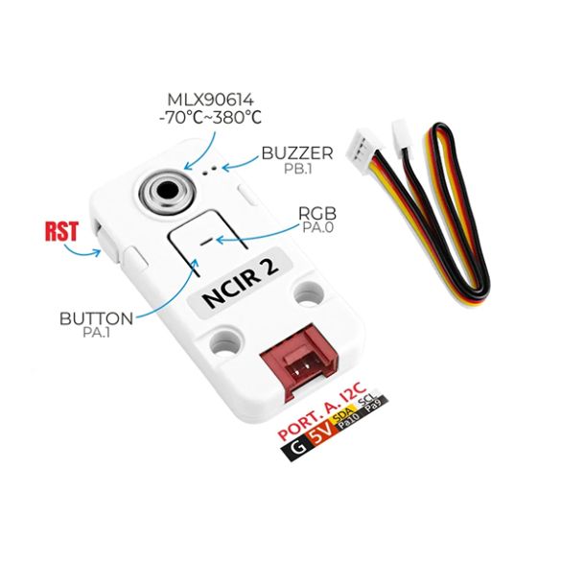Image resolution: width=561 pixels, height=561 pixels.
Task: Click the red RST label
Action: pos(61,231)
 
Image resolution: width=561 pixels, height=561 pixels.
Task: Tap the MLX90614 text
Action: pos(211,100)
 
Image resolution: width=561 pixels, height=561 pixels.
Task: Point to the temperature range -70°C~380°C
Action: pos(210,117)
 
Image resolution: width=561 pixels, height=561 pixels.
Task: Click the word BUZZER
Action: pos(297,153)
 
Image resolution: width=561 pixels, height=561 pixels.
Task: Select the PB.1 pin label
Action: pos(297,169)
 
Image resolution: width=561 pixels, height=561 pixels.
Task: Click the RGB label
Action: pos(317,214)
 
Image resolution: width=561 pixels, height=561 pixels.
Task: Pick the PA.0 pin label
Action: pos(317,227)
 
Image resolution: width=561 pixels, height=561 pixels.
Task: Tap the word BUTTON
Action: pos(96,318)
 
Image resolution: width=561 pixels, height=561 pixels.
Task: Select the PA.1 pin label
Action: pos(96,332)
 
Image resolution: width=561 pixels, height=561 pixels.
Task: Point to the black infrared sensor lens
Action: pos(168,189)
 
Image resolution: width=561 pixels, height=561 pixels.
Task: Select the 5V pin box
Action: pos(319,433)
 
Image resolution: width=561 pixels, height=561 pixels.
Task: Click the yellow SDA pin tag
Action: pos(342,414)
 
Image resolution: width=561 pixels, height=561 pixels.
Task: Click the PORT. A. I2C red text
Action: pos(322,410)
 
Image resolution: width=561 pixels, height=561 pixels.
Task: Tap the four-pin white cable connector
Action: pos(363,152)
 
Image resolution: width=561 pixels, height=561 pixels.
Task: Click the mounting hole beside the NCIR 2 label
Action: pos(309,294)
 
